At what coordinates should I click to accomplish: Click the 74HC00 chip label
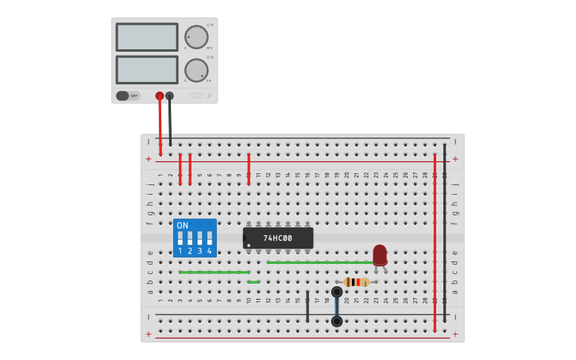point(278,238)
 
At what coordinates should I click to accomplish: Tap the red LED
point(380,254)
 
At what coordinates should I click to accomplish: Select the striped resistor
point(357,282)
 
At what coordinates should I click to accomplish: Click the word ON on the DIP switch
point(183,226)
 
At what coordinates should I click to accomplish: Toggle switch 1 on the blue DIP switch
point(180,238)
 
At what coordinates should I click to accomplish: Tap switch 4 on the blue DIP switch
point(210,238)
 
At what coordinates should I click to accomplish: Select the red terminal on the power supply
point(160,96)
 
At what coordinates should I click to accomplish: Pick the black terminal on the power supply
point(169,96)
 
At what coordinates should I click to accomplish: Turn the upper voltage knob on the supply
point(196,37)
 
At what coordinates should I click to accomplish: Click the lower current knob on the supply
point(196,70)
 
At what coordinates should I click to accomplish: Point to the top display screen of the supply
point(147,37)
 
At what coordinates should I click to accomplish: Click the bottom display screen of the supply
point(147,69)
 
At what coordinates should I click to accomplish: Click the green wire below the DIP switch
point(215,272)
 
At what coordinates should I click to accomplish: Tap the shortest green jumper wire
point(253,282)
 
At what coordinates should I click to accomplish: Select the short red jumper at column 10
point(249,169)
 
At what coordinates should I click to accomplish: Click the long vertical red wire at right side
point(435,238)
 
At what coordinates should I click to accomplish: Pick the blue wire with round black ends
point(337,306)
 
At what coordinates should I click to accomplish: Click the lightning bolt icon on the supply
point(209,96)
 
